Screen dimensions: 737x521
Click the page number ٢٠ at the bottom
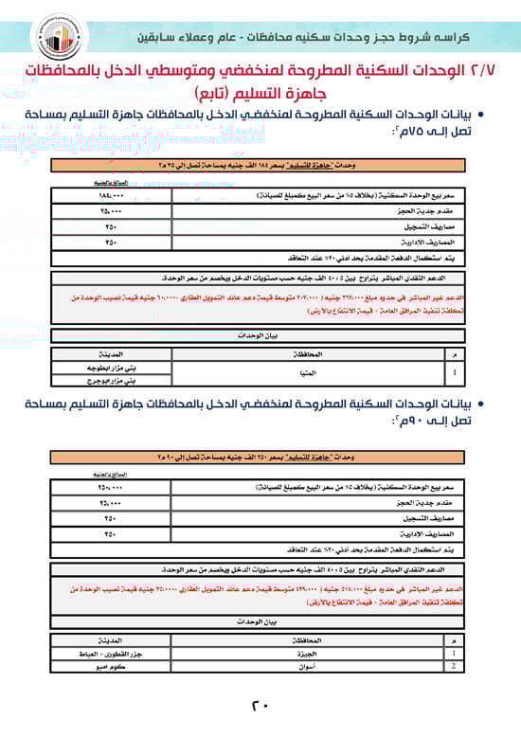coord(260,706)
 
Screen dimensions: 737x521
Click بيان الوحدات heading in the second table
coord(261,621)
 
